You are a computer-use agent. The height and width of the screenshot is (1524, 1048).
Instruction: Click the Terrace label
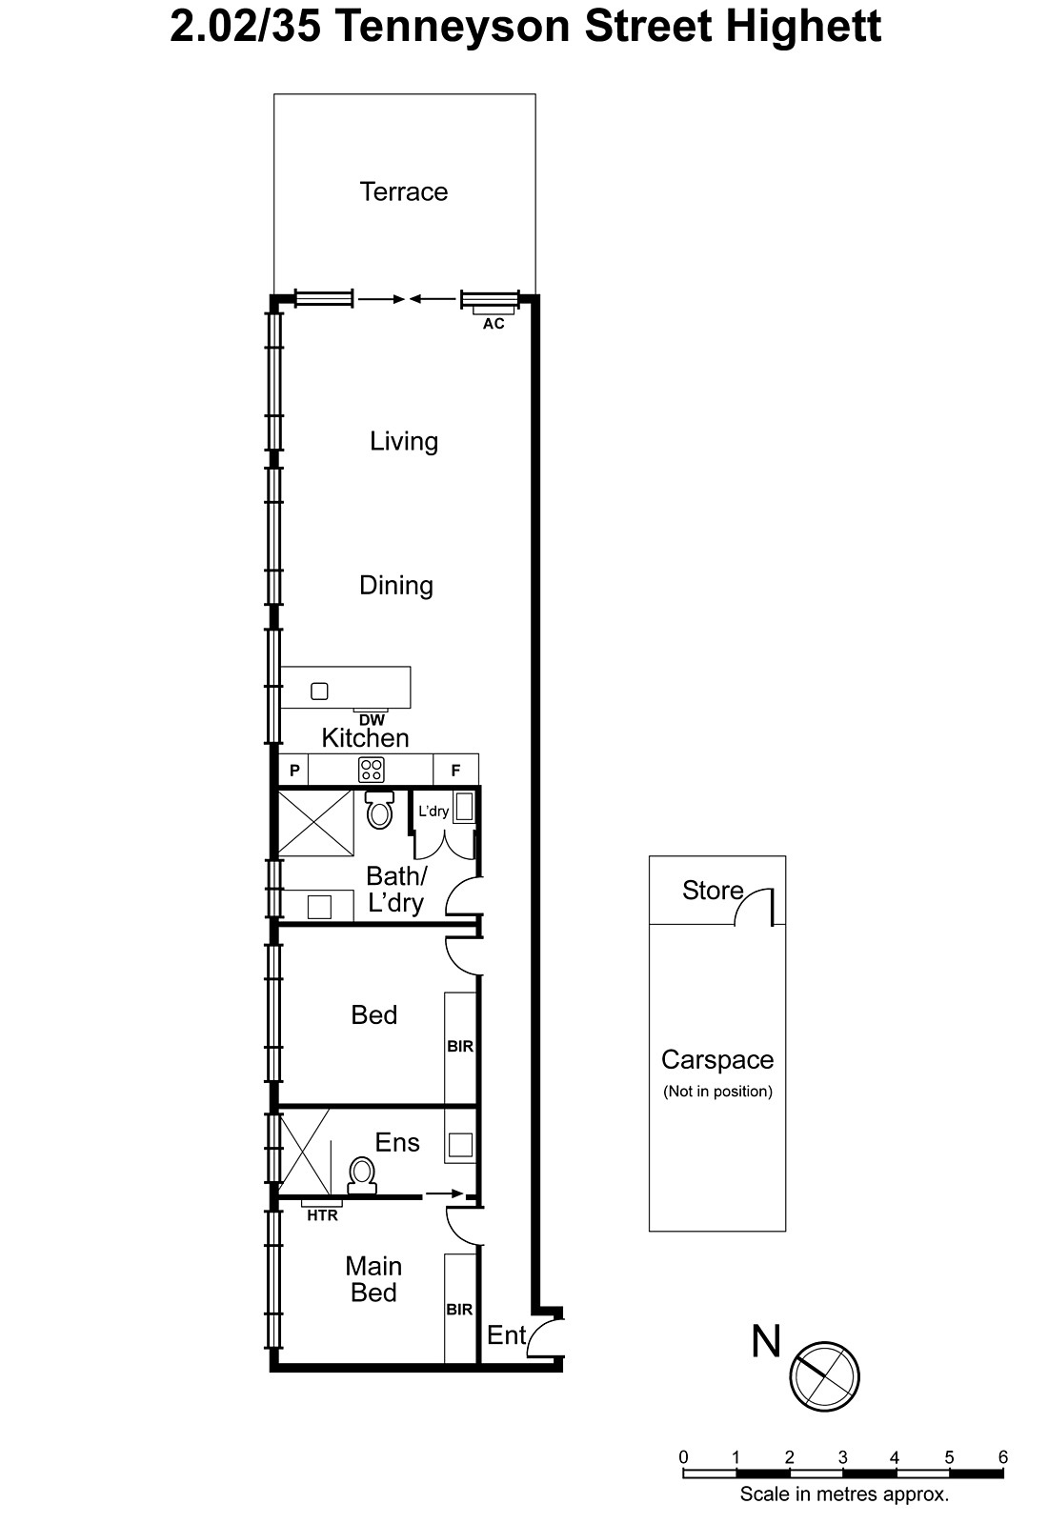click(404, 191)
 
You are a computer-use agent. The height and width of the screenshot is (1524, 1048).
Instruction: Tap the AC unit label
click(494, 324)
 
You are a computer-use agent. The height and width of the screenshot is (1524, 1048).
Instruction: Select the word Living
click(404, 441)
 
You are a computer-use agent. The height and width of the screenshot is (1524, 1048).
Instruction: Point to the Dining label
click(396, 585)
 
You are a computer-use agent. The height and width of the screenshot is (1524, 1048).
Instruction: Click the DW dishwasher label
click(372, 720)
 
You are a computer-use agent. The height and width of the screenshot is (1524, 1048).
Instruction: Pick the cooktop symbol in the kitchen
click(371, 770)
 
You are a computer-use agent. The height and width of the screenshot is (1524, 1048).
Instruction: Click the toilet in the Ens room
click(362, 1176)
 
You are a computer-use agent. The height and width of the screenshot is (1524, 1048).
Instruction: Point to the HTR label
click(322, 1215)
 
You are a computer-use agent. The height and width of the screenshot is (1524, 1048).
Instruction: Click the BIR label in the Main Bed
click(459, 1310)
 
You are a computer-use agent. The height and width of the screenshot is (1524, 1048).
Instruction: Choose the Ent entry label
click(506, 1335)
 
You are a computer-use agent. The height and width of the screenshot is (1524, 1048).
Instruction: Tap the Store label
click(713, 891)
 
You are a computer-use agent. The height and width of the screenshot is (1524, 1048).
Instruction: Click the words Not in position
click(717, 1092)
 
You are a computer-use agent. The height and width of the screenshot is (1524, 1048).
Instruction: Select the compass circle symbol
click(825, 1376)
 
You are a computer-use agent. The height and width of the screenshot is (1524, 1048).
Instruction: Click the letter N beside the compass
click(766, 1341)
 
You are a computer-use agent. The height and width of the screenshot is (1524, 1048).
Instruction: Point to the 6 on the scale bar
click(1002, 1457)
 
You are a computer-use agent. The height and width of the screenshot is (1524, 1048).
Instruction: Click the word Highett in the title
click(802, 27)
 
